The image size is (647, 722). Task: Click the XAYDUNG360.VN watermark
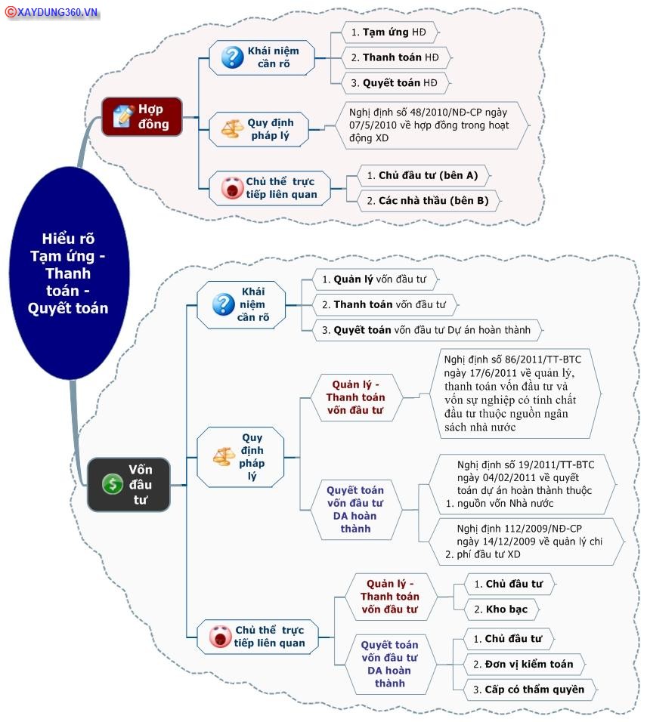point(51,12)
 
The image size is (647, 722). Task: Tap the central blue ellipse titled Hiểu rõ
point(69,273)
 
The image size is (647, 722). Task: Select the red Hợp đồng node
point(142,116)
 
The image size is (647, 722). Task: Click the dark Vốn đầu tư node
point(128,484)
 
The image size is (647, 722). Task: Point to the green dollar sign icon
point(113,484)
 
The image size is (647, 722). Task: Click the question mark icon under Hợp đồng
point(232,57)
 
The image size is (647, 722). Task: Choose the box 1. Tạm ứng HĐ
point(390,32)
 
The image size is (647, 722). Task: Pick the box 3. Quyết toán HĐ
point(395,83)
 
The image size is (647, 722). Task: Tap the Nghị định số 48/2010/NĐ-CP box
point(432,125)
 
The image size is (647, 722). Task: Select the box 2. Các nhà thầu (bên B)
point(428,201)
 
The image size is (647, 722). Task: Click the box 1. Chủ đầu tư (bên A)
point(423,175)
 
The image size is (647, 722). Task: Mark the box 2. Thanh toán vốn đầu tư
point(385,305)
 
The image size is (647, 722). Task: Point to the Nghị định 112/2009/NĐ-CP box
point(525,541)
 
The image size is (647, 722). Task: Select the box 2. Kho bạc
point(501,609)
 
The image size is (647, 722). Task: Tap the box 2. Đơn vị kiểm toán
point(524,664)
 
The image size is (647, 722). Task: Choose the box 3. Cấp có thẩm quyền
point(529,690)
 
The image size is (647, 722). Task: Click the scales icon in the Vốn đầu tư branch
point(224,457)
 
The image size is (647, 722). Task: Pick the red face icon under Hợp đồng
point(232,188)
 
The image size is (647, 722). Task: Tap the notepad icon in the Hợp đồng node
point(123,116)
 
